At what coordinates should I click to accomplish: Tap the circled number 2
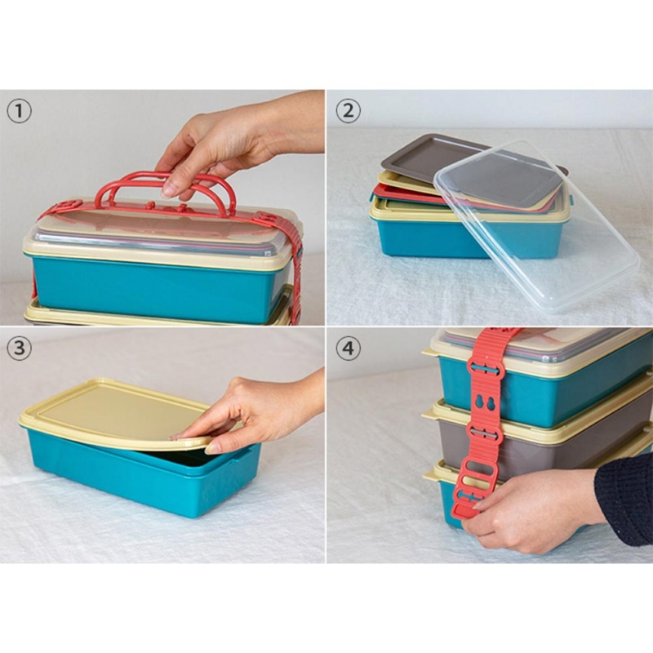[x=349, y=111]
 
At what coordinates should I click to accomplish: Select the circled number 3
[x=19, y=348]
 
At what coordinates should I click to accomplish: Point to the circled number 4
[x=349, y=348]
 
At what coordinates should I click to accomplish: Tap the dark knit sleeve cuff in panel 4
[x=624, y=500]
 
